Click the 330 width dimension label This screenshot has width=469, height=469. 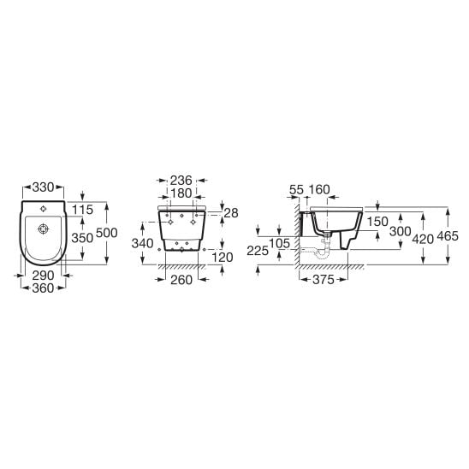click(x=43, y=187)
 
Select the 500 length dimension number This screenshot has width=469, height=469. click(x=107, y=233)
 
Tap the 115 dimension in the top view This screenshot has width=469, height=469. click(x=82, y=210)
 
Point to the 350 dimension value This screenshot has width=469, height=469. click(x=82, y=238)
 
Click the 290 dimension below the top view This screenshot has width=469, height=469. click(x=43, y=276)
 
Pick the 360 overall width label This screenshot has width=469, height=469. click(x=43, y=288)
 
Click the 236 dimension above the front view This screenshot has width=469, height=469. click(x=181, y=181)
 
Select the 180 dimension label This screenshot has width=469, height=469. click(x=181, y=193)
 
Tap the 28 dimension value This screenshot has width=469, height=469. click(x=231, y=213)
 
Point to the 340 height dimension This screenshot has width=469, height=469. click(x=143, y=243)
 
